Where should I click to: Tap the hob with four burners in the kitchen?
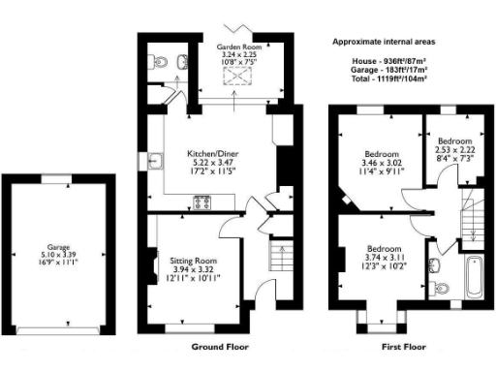point(204,202)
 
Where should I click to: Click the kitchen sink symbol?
point(155,162)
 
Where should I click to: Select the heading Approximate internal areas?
point(385,43)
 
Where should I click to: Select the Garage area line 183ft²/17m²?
point(385,71)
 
